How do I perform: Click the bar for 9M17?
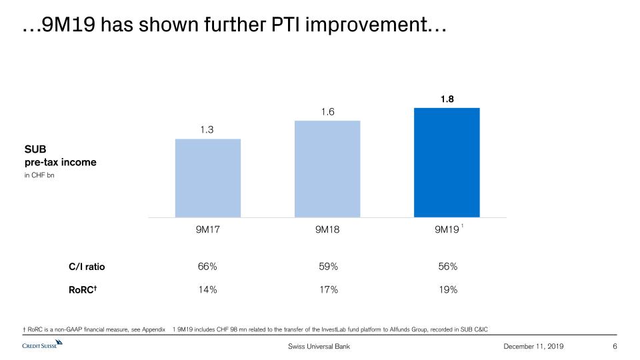207,178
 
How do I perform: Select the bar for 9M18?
327,169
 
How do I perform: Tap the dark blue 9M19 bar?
447,162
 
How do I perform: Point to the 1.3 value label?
207,130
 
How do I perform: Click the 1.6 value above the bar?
327,112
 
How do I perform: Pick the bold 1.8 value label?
447,99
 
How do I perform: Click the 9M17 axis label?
207,230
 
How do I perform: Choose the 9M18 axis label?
327,230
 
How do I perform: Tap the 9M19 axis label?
447,230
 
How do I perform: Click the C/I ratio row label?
87,267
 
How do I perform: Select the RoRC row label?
85,289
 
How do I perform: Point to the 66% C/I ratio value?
207,267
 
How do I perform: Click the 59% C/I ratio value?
328,267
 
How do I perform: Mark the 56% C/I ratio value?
447,267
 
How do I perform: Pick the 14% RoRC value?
207,289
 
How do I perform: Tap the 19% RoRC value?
447,289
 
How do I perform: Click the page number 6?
614,347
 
